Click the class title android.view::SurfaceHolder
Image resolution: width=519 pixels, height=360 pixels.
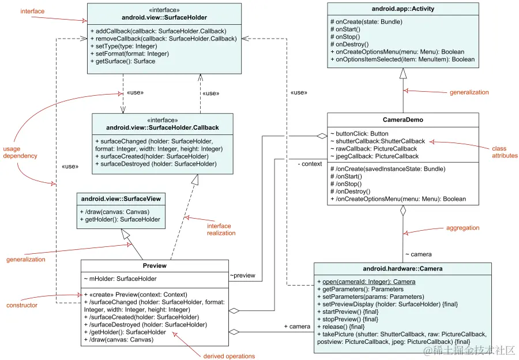point(165,18)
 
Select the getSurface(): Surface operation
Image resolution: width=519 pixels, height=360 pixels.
point(123,61)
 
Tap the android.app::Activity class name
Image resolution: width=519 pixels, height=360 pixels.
point(403,9)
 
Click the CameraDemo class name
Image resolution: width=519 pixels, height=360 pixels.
point(403,120)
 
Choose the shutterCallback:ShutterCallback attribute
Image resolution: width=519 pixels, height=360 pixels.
point(377,141)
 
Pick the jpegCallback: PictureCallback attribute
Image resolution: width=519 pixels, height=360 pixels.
point(374,156)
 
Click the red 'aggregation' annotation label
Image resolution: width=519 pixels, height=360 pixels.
point(462,228)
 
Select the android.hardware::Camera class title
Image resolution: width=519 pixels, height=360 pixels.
point(403,269)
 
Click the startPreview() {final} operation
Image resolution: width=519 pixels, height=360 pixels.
point(350,312)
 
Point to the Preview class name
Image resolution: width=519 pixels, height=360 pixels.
point(154,266)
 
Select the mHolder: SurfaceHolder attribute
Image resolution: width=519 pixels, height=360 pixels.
point(123,279)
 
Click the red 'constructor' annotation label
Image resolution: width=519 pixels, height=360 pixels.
point(22,305)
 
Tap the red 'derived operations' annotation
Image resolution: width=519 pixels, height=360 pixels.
point(229,356)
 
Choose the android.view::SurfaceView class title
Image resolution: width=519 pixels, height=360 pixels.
point(121,199)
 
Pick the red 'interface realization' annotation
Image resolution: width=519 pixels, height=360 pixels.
point(221,230)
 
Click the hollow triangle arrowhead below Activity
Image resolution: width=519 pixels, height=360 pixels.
point(403,73)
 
